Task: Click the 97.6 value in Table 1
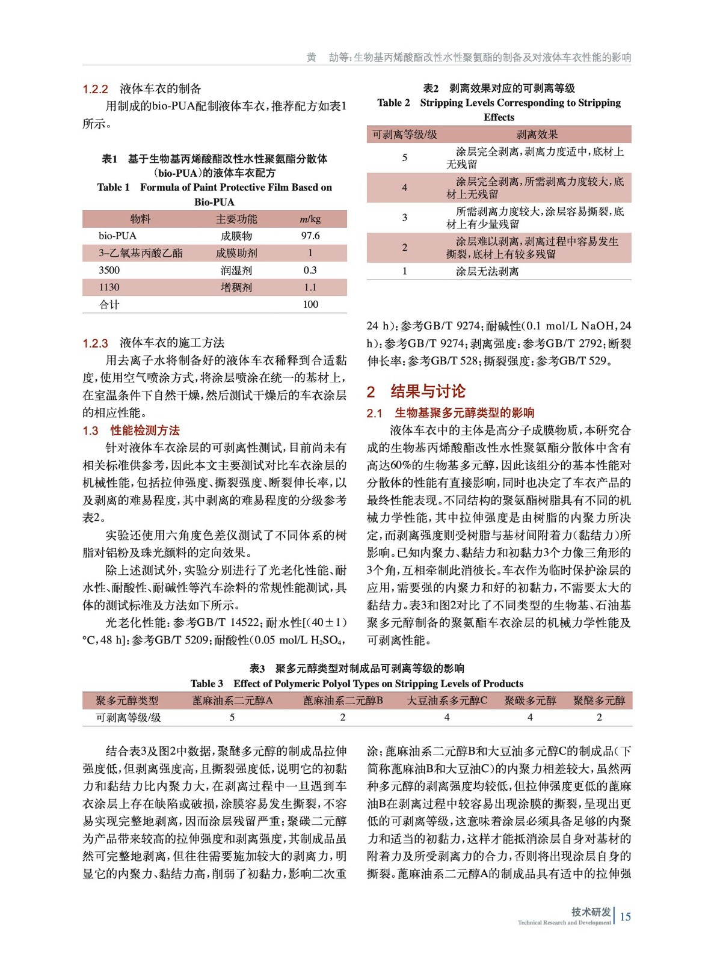[x=310, y=236]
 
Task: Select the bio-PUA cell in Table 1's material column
[x=117, y=236]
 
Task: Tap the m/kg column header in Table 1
[x=310, y=219]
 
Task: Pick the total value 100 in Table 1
[x=310, y=304]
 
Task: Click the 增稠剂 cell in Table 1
[x=236, y=287]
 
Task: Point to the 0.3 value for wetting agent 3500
[x=310, y=270]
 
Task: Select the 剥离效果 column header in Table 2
[x=537, y=134]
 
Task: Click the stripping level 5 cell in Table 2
[x=404, y=158]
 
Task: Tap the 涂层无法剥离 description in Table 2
[x=487, y=271]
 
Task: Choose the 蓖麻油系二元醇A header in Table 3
[x=233, y=700]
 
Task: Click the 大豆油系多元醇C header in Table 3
[x=446, y=700]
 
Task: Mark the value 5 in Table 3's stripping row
[x=232, y=717]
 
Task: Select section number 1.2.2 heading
[x=95, y=89]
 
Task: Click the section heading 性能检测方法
[x=145, y=430]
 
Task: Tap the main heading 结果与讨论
[x=428, y=391]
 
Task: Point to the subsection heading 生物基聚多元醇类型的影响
[x=464, y=413]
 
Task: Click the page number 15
[x=626, y=916]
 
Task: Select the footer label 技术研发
[x=591, y=911]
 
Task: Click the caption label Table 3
[x=206, y=684]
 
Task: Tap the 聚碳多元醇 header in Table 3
[x=530, y=700]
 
